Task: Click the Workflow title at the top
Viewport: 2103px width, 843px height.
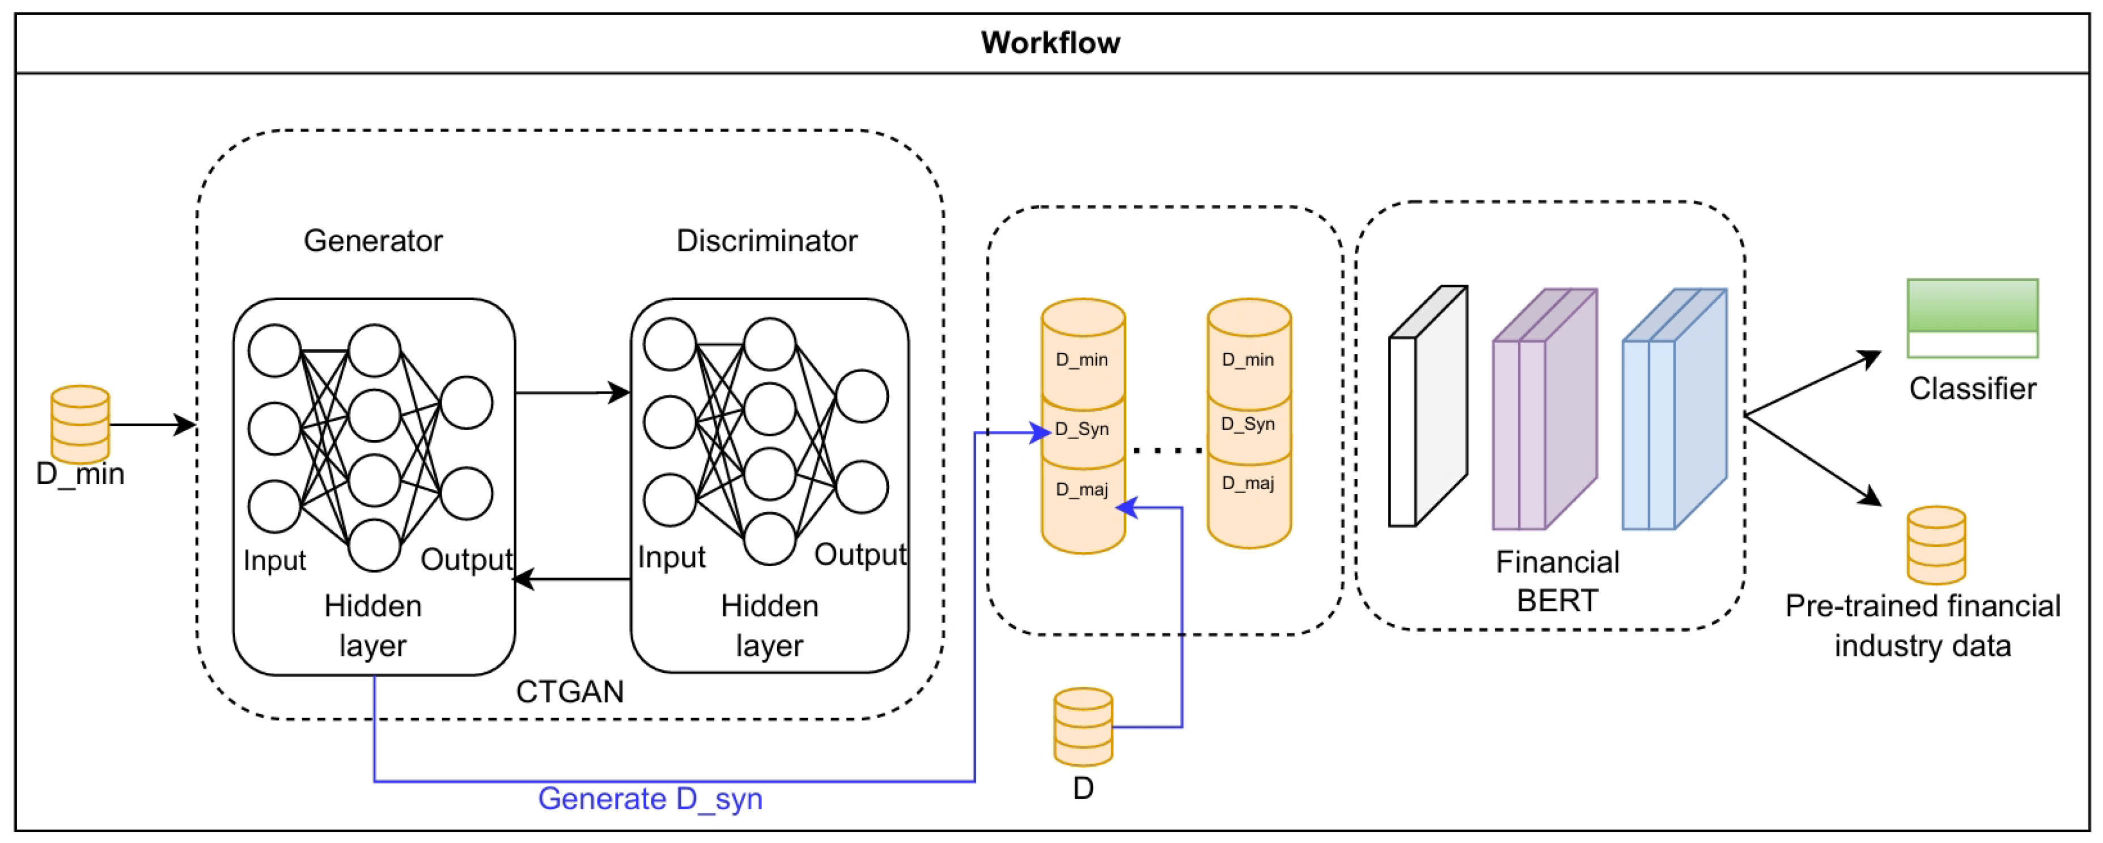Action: pyautogui.click(x=1051, y=43)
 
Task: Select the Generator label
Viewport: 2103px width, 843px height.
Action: pyautogui.click(x=373, y=241)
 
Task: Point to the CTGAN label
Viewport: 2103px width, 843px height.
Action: pyautogui.click(x=570, y=692)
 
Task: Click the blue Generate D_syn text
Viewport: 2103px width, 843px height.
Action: pyautogui.click(x=650, y=799)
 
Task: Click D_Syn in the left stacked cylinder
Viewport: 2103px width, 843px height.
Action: pyautogui.click(x=1083, y=429)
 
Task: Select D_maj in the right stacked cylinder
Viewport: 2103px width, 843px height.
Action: pyautogui.click(x=1248, y=483)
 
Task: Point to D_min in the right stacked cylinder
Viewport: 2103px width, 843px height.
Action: pyautogui.click(x=1248, y=360)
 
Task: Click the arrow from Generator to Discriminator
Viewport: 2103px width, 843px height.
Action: pyautogui.click(x=571, y=393)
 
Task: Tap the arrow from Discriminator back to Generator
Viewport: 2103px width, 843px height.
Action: pyautogui.click(x=571, y=579)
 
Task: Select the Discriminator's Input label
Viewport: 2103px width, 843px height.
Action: pyautogui.click(x=671, y=557)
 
